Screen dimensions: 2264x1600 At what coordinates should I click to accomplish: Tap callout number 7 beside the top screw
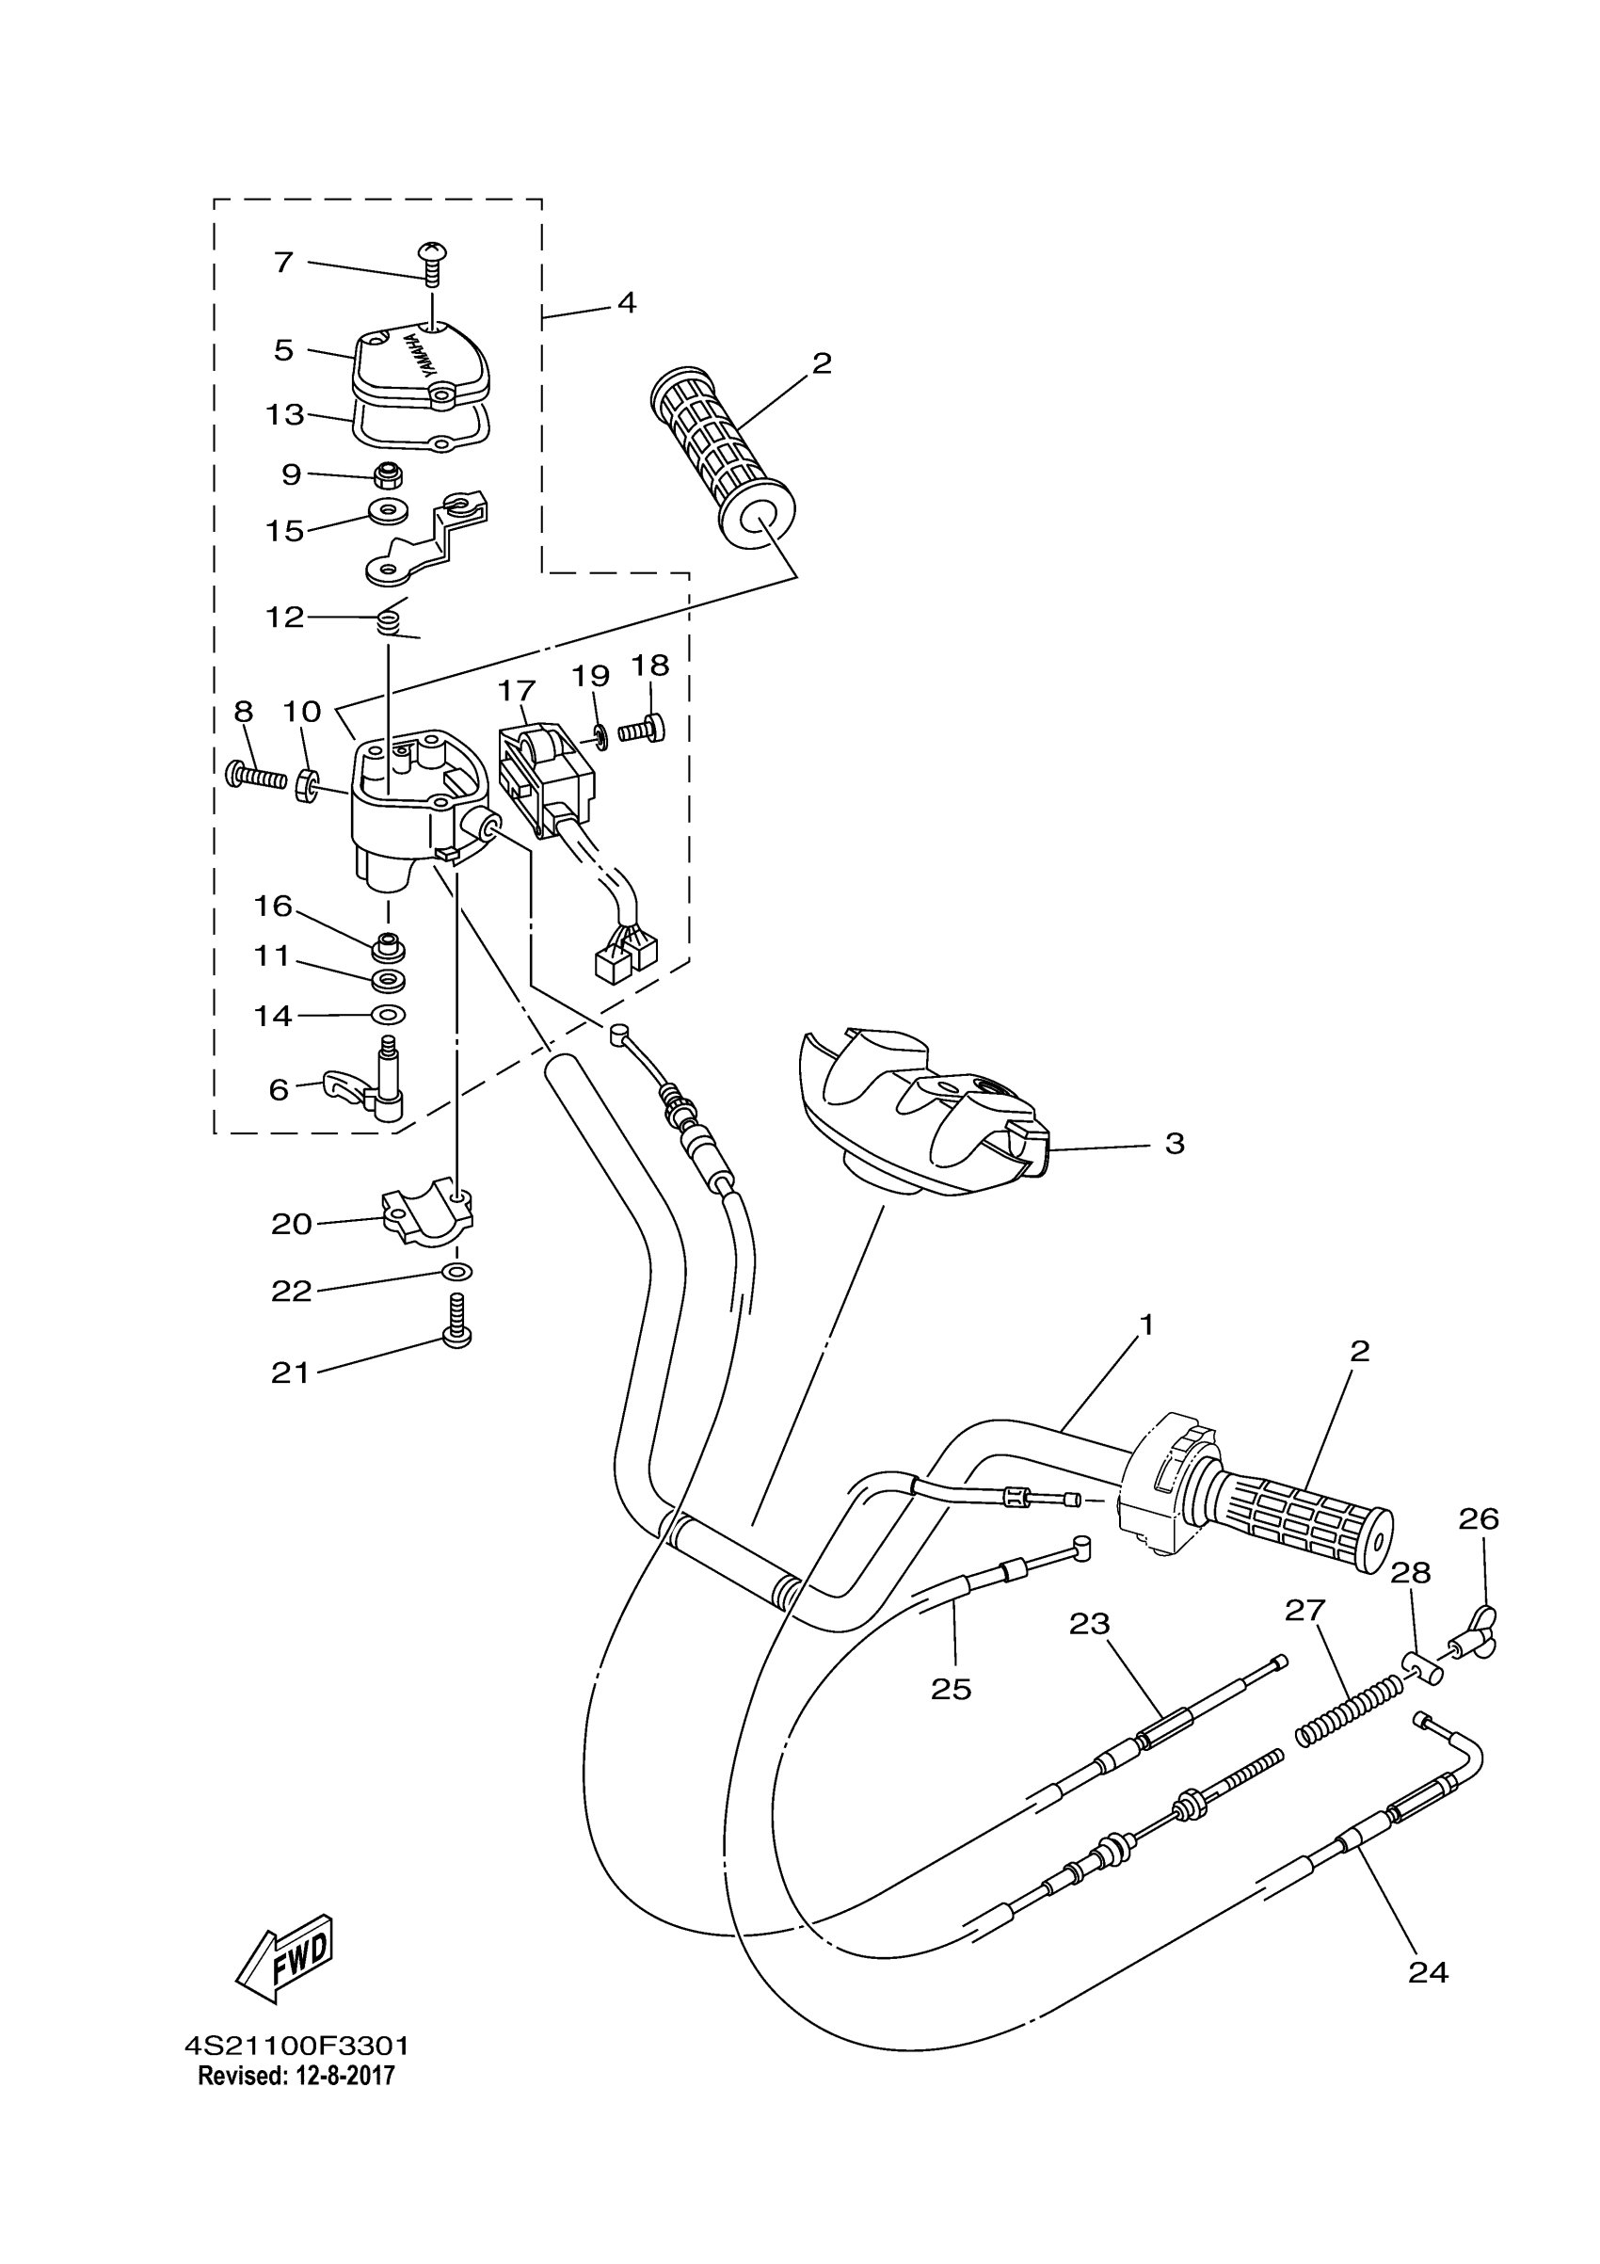(x=284, y=263)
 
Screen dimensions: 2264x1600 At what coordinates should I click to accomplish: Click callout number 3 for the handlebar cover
(x=1175, y=1144)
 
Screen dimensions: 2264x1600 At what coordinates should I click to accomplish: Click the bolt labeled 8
(x=253, y=775)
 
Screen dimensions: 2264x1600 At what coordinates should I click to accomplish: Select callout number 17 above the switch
(x=517, y=691)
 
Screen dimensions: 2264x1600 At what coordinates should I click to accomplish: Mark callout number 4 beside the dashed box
(x=627, y=302)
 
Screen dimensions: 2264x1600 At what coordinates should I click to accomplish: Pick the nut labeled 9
(x=387, y=476)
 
